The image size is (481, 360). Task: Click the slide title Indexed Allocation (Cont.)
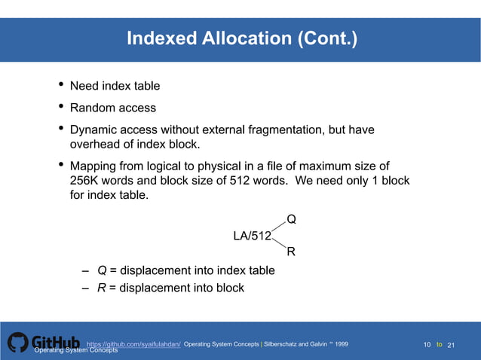click(241, 38)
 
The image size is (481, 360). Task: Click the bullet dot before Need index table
click(60, 85)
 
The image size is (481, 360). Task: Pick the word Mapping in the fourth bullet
click(93, 166)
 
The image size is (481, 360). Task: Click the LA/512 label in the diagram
click(252, 236)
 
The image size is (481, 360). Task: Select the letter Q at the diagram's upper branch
click(291, 219)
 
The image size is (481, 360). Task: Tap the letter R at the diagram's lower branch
click(291, 252)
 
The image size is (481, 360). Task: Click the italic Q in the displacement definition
click(102, 270)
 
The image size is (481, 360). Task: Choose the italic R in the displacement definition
click(102, 288)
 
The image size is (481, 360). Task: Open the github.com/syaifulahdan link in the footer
click(133, 344)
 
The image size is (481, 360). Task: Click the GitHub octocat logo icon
click(17, 343)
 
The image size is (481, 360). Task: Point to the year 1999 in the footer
click(342, 344)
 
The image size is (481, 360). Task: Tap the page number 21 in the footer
click(452, 345)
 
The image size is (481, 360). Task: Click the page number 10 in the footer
click(427, 345)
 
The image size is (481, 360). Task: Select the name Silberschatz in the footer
click(284, 344)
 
